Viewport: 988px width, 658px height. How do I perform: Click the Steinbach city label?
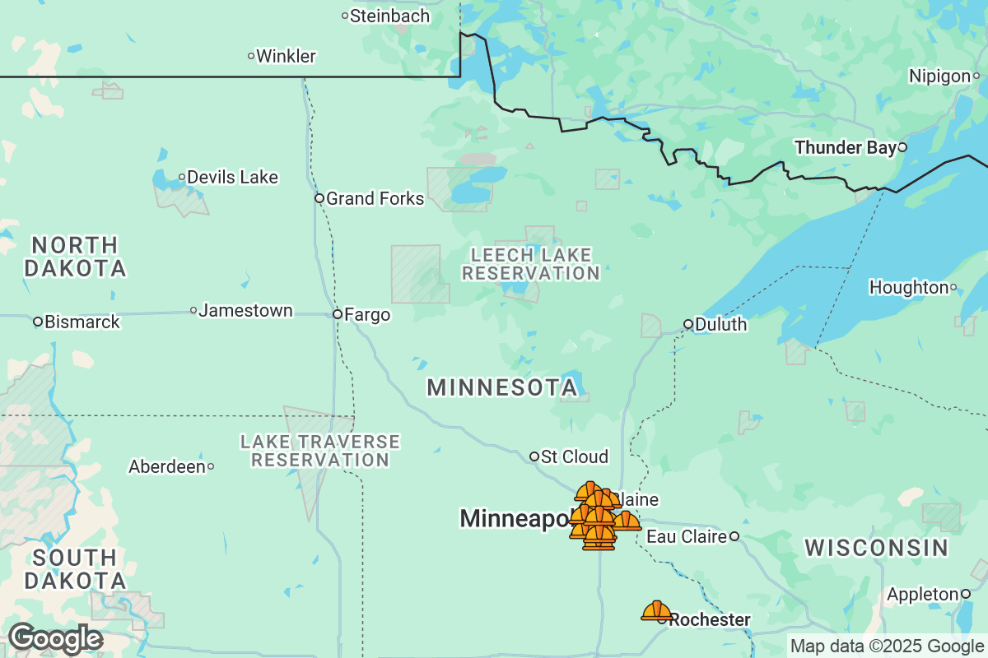pos(389,16)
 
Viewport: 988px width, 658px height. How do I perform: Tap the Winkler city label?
pos(286,57)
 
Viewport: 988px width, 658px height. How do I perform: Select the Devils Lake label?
pos(232,177)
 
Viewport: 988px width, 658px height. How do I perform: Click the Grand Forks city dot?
pos(319,198)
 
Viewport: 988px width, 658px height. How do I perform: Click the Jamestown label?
pos(245,311)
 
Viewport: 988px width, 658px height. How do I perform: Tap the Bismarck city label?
pos(82,322)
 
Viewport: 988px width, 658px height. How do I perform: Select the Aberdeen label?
pos(167,467)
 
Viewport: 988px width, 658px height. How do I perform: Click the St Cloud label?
pos(575,457)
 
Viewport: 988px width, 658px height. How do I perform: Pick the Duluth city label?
pos(720,325)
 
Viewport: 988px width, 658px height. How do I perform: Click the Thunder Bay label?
pos(845,148)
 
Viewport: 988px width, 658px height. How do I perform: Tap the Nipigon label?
pos(939,76)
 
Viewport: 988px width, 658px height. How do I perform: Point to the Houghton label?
pos(909,288)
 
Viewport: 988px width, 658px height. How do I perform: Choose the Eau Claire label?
pos(687,537)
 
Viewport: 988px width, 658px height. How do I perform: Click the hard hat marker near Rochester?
pos(656,610)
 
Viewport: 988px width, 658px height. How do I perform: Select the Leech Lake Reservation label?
pos(531,264)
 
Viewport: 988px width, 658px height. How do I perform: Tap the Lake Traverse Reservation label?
pos(320,451)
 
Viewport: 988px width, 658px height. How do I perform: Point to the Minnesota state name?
pos(501,388)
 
